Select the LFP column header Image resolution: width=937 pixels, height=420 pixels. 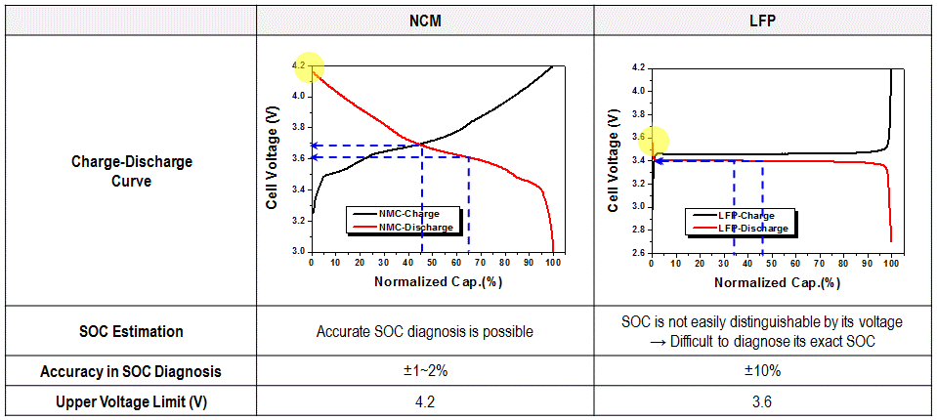coord(763,21)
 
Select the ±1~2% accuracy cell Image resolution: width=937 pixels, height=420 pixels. coord(424,371)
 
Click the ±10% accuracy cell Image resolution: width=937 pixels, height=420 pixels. coord(763,371)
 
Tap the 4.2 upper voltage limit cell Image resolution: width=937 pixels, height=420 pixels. coord(424,401)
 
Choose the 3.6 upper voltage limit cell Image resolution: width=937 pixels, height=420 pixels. coord(763,401)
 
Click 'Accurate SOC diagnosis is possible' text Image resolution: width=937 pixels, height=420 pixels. coord(424,331)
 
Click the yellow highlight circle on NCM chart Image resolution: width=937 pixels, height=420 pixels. coord(308,66)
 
